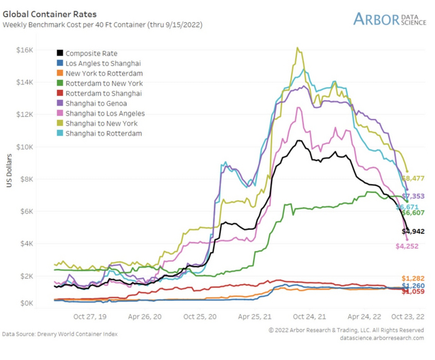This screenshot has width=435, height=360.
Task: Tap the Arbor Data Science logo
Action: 389,19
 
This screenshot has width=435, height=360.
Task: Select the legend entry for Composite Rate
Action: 91,53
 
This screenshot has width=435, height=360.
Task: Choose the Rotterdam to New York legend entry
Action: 104,83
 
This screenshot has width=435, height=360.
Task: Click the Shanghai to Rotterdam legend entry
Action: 103,134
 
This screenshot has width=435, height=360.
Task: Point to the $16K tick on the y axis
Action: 24,50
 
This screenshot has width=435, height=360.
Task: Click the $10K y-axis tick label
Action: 24,147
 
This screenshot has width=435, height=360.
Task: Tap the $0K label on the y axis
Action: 26,303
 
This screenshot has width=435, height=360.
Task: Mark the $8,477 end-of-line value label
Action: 413,179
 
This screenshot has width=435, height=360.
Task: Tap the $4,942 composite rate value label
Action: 413,231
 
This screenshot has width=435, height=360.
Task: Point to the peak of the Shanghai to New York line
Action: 298,47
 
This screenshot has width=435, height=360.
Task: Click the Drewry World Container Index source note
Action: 60,335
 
